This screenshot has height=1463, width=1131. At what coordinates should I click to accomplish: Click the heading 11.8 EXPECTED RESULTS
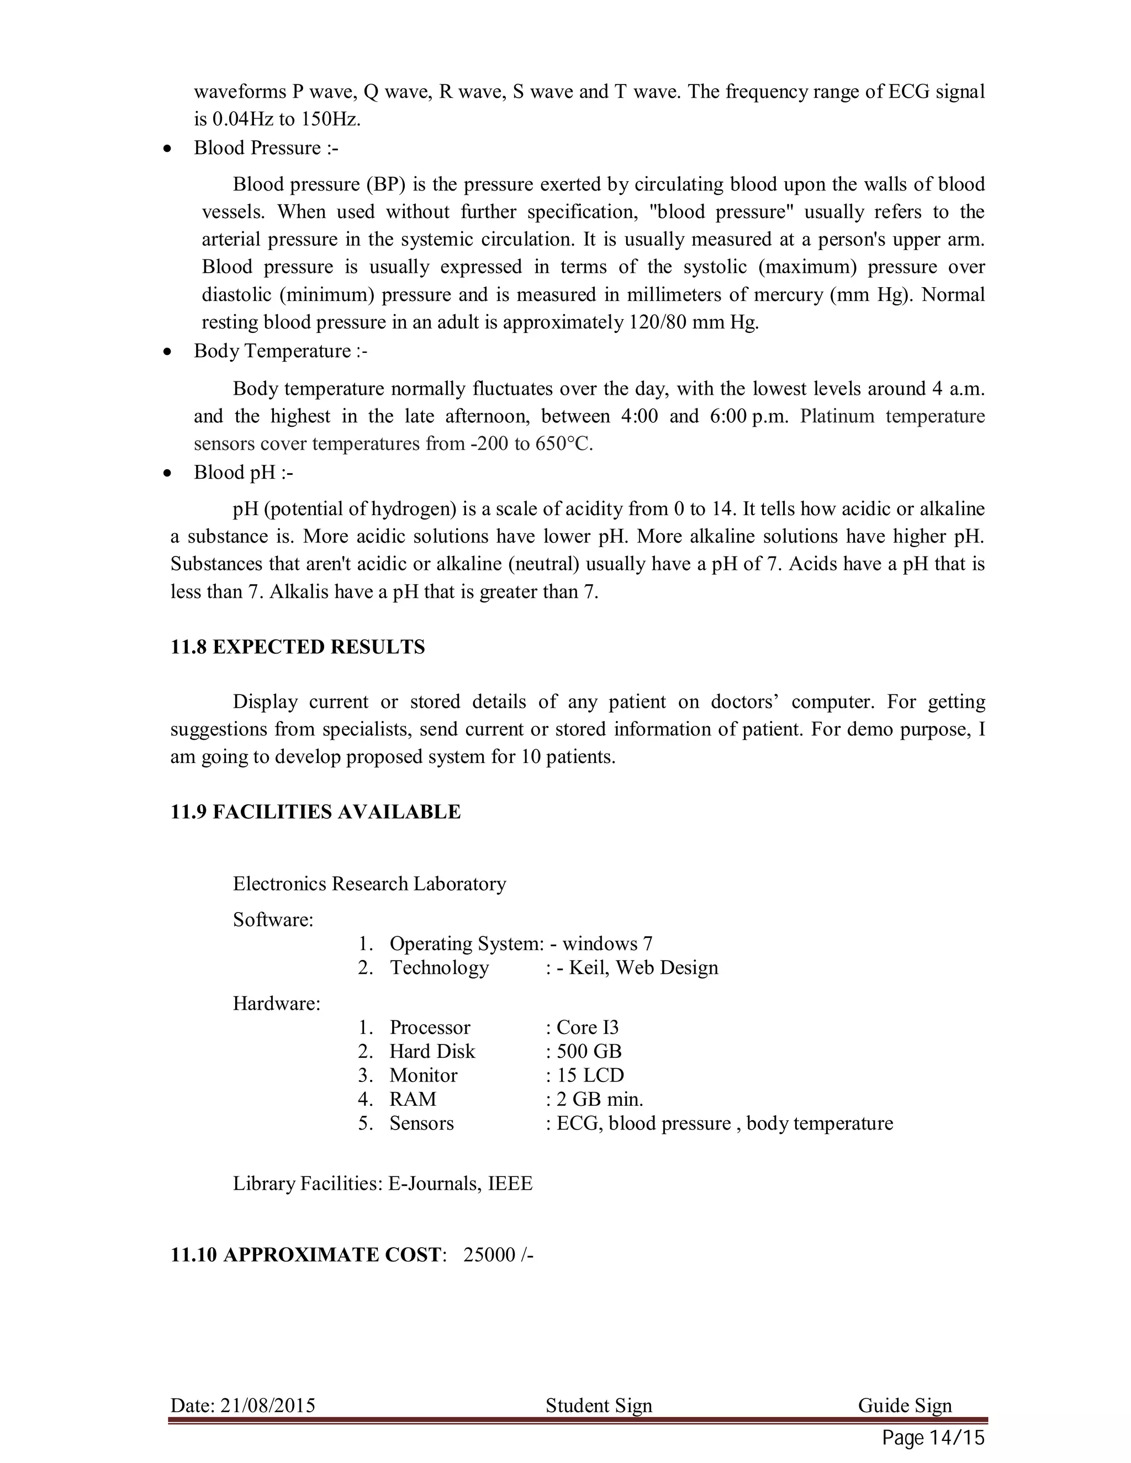tap(298, 647)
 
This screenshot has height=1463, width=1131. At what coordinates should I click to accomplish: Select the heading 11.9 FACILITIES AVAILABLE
tap(315, 812)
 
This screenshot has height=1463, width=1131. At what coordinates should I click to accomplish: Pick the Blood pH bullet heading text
tap(243, 473)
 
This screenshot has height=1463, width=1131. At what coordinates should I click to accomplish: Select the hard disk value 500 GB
tap(588, 1051)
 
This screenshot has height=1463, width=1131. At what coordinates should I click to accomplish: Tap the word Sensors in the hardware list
tap(421, 1123)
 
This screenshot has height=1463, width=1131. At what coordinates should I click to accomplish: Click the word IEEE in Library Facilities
tap(510, 1184)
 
